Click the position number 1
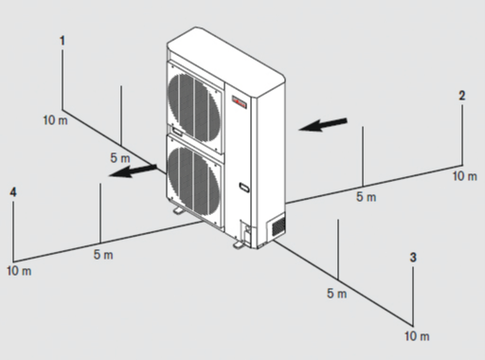[x=63, y=41]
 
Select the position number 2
[x=462, y=96]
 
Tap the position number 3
[x=413, y=258]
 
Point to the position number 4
[x=13, y=192]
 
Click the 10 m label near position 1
[x=56, y=120]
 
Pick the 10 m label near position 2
[x=465, y=176]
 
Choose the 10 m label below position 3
[x=417, y=336]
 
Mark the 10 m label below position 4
[x=19, y=271]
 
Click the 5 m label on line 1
[x=120, y=158]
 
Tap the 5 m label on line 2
[x=367, y=197]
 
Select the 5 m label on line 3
[x=337, y=294]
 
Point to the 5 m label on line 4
[x=103, y=255]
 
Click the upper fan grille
[x=193, y=107]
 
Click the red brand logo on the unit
[x=239, y=101]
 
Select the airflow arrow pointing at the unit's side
[x=323, y=124]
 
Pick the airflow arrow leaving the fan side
[x=133, y=171]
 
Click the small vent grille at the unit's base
[x=278, y=226]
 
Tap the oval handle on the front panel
[x=244, y=188]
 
